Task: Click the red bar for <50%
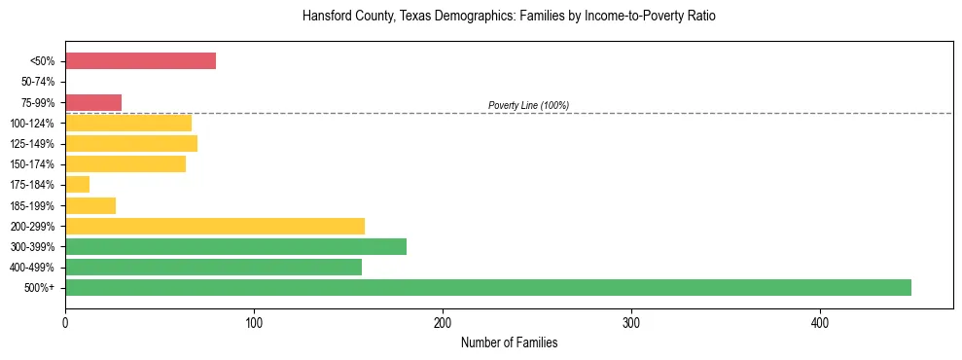coord(140,61)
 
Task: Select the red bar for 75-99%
coord(93,102)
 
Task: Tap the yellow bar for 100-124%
coord(128,123)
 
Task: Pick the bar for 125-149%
coord(131,144)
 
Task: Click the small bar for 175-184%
coord(77,185)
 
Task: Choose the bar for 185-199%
coord(90,205)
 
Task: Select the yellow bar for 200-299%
coord(215,226)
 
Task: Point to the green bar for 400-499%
coord(213,267)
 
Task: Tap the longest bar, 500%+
coord(488,287)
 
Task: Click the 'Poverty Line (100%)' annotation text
coord(528,105)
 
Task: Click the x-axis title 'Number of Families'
coord(509,343)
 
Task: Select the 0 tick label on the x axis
coord(65,322)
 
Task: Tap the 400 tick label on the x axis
coord(820,322)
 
